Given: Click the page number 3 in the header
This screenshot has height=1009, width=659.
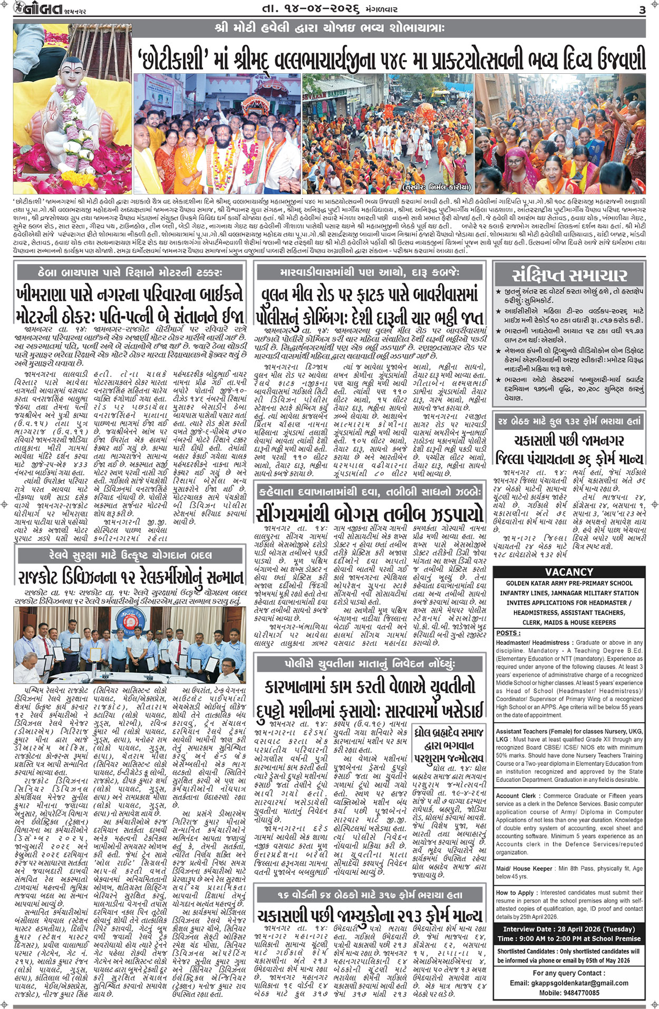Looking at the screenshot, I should coord(642,9).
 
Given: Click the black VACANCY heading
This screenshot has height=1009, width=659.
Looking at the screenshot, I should coord(569,572).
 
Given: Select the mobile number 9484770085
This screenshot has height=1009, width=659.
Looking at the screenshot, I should coord(569,993).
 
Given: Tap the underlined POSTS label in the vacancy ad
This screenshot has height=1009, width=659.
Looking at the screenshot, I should coord(508,633).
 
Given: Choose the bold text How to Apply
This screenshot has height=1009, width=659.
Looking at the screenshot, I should coord(515,892).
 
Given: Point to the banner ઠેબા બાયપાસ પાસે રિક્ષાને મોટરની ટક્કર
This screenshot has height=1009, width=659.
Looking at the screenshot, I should coord(131,273).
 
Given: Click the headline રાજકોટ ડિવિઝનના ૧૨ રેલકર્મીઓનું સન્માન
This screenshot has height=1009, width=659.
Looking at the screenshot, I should coord(131,577).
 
